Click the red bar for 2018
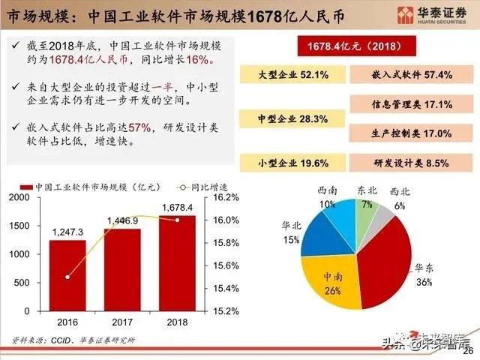tap(177, 262)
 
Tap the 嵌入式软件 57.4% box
tap(412, 76)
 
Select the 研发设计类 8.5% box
tap(412, 163)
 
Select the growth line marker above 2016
tap(67, 277)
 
